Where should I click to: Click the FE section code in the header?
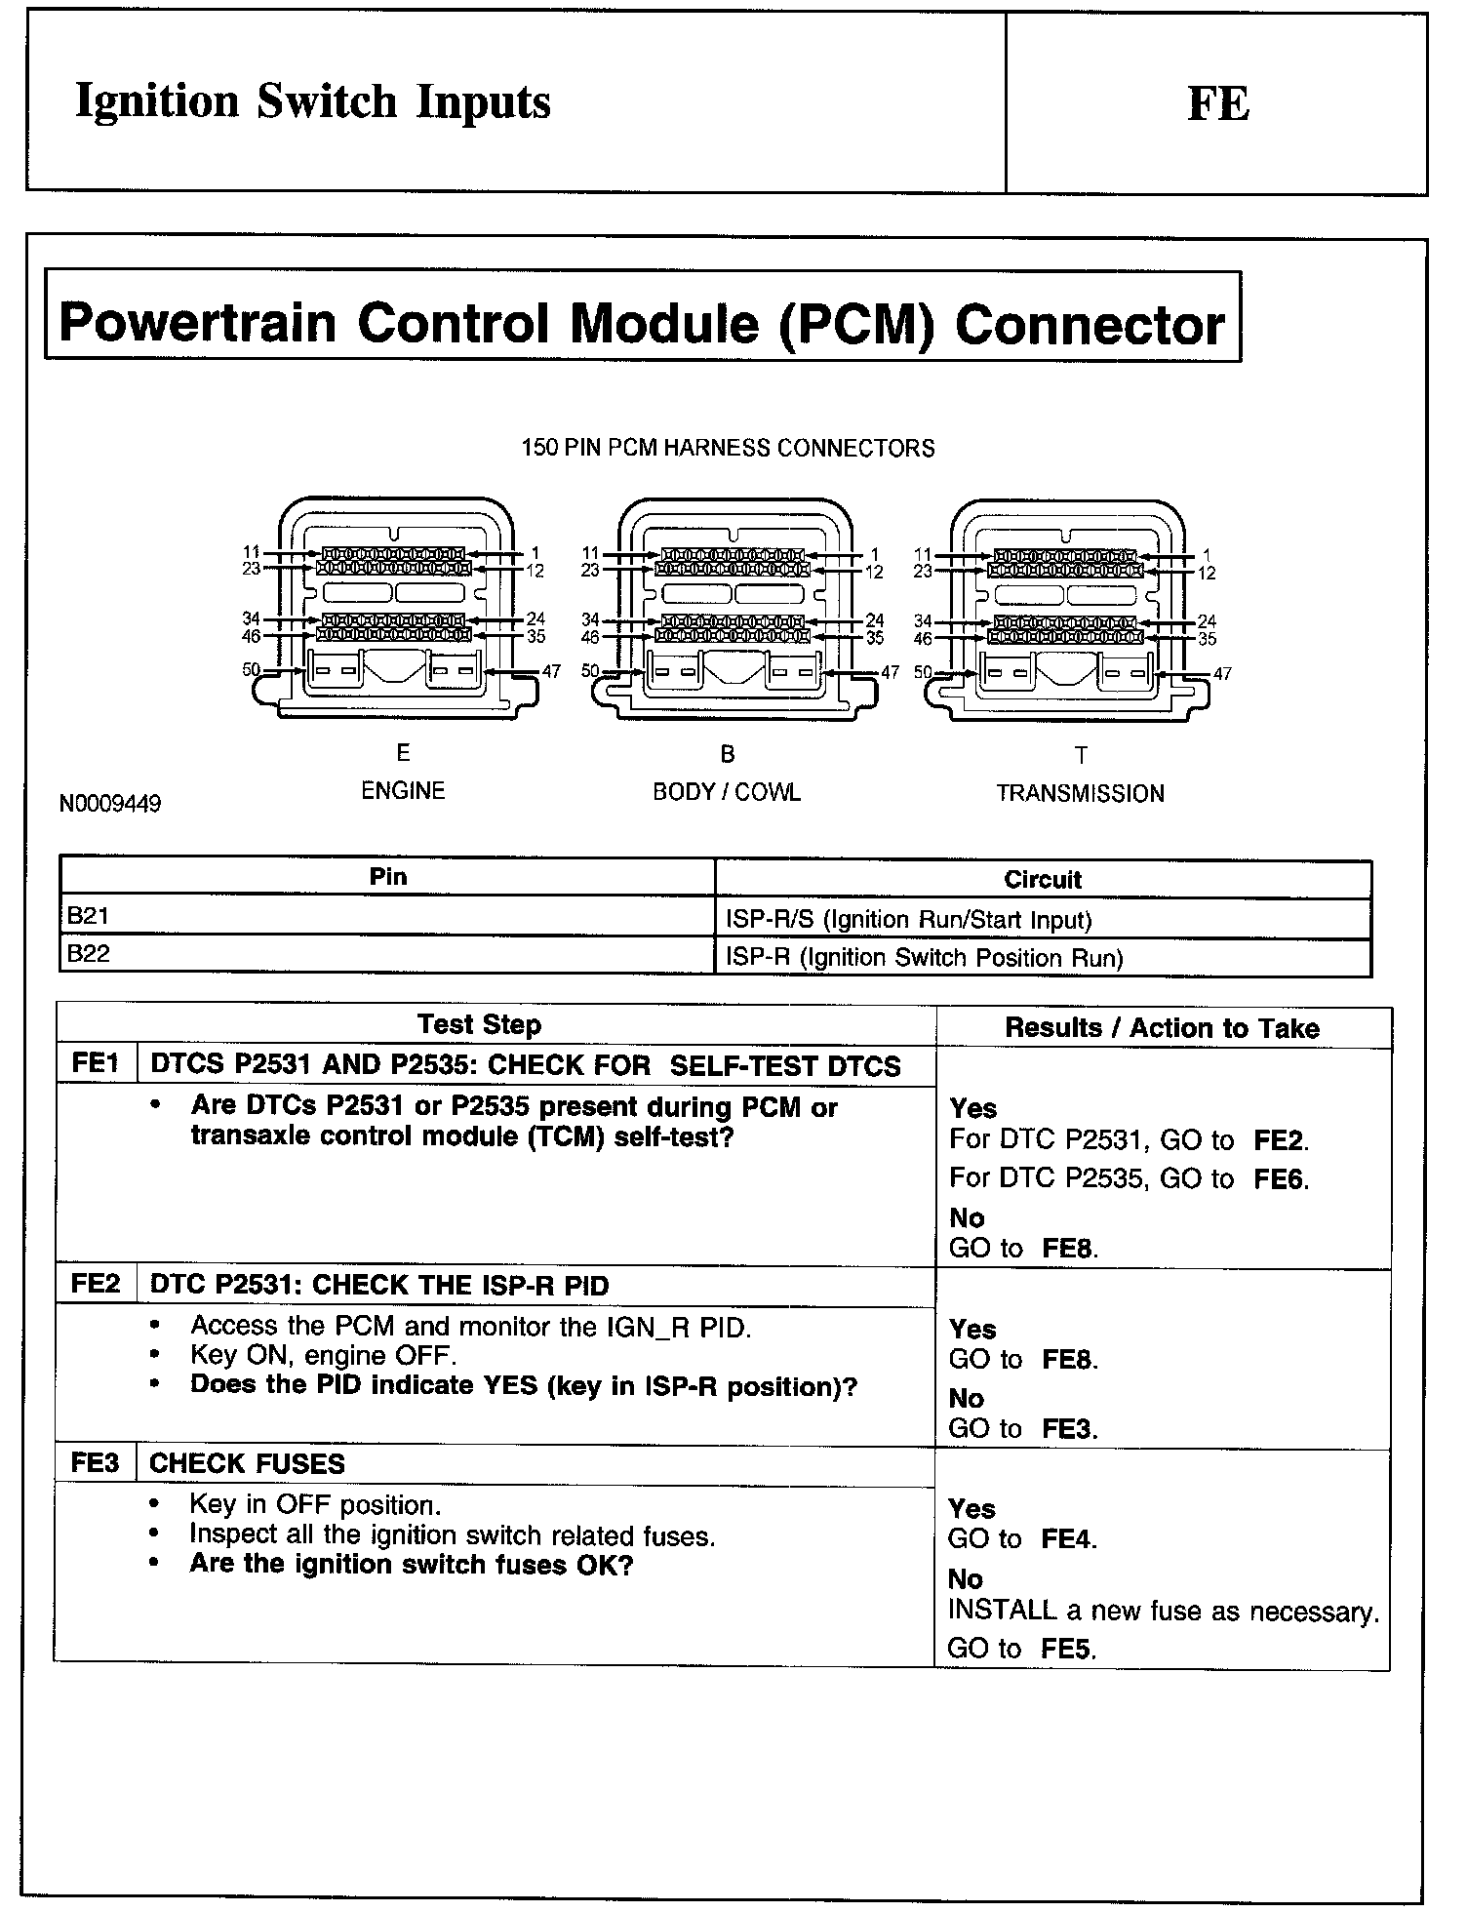[x=1217, y=104]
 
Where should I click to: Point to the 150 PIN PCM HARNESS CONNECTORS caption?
[x=728, y=449]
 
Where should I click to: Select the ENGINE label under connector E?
[x=403, y=790]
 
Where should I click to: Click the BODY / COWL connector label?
[x=727, y=792]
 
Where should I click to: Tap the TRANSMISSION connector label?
[x=1080, y=793]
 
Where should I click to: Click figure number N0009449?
[x=110, y=804]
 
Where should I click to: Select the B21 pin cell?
[x=89, y=917]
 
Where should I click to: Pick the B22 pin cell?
[x=89, y=955]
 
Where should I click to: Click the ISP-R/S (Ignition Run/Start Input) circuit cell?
[x=909, y=920]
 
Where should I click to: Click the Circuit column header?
[x=1043, y=880]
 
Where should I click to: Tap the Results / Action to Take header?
[x=1162, y=1028]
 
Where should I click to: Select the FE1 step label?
[x=96, y=1064]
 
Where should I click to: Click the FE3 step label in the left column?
[x=96, y=1463]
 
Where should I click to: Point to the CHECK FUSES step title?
[x=248, y=1464]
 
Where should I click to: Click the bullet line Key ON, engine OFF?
[x=323, y=1356]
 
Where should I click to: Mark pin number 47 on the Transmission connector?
[x=1222, y=674]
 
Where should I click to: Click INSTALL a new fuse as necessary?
[x=1164, y=1613]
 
